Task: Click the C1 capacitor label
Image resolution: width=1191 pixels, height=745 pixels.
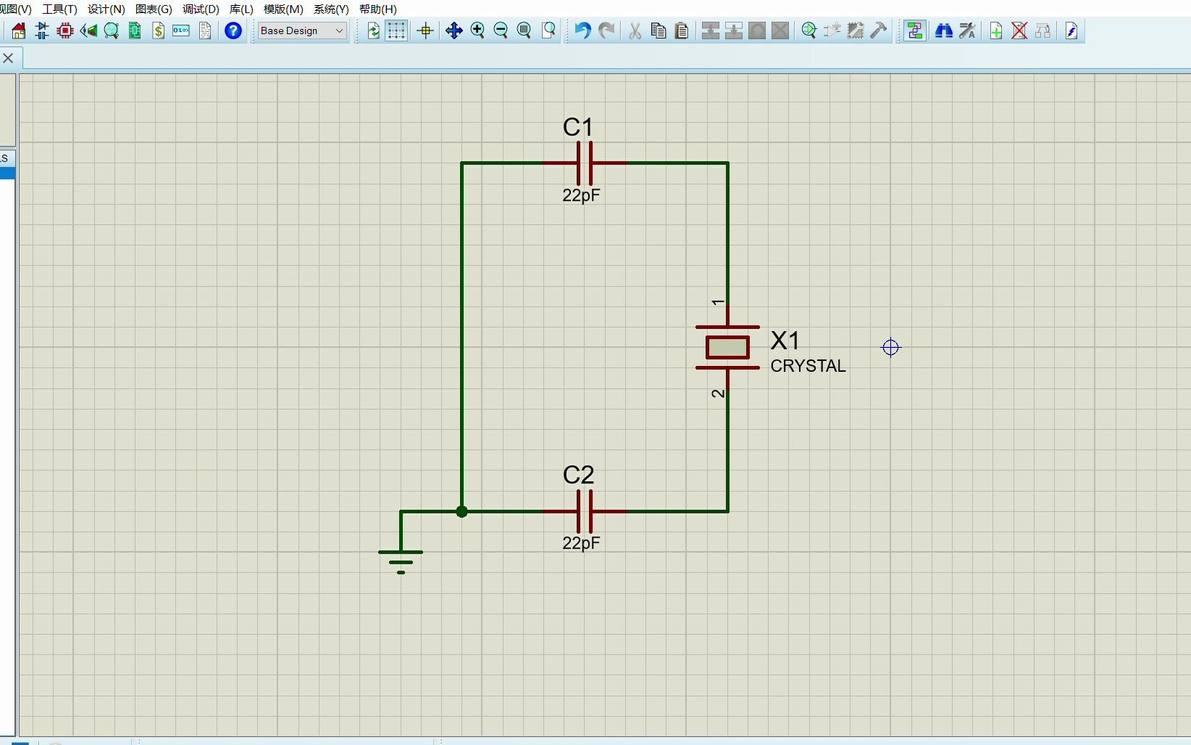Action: click(x=577, y=128)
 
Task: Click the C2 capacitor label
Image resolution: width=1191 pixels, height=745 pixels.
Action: click(x=578, y=475)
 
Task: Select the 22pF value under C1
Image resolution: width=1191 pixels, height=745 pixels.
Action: click(x=581, y=195)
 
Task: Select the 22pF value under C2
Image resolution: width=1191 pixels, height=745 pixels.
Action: click(x=581, y=543)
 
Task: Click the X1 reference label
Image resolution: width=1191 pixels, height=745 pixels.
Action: click(x=785, y=341)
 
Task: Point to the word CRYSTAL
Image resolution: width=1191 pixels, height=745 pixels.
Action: click(x=808, y=366)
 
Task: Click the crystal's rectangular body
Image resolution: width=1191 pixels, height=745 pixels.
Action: click(x=727, y=348)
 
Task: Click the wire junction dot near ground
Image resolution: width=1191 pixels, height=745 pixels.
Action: click(x=461, y=512)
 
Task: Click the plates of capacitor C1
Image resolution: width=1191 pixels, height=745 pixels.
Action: click(x=585, y=163)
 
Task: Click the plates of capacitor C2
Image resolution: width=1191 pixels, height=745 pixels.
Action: click(x=585, y=511)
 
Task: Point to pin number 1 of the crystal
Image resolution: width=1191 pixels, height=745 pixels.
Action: click(x=717, y=302)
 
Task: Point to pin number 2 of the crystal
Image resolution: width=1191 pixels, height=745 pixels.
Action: click(x=717, y=394)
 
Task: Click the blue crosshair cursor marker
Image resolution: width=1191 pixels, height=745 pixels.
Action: click(x=890, y=348)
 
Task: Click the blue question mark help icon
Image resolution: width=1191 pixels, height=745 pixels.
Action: click(x=233, y=30)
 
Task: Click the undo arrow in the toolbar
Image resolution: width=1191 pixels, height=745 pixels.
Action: click(x=582, y=30)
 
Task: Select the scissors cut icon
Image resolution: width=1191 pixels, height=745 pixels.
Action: click(x=635, y=30)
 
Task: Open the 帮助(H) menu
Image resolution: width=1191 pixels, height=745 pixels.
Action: click(x=377, y=9)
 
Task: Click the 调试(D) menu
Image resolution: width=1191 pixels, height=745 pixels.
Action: click(x=201, y=9)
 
